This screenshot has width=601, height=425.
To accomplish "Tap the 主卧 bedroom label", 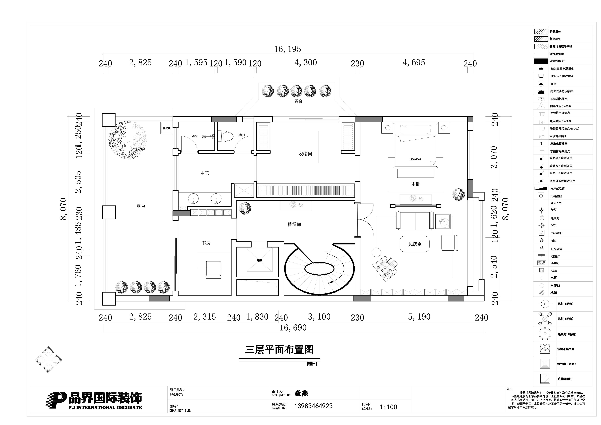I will coord(415,184).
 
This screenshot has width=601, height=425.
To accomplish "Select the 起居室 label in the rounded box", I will coord(415,244).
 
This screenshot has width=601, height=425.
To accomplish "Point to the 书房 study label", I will coord(206,243).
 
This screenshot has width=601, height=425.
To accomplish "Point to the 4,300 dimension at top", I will coord(306,63).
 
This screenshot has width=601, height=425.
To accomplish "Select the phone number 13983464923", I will coord(313,406).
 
